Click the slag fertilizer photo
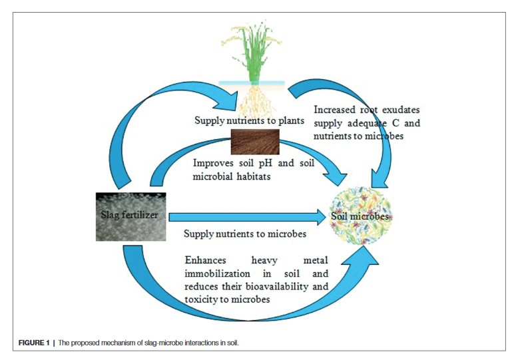[131, 216]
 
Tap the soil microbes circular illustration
[360, 216]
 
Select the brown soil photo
[255, 142]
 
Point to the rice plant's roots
[256, 100]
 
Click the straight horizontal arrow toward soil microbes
[247, 217]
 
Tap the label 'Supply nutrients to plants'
[249, 120]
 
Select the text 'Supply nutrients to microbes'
[245, 234]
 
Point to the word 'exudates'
[401, 110]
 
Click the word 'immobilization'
[217, 273]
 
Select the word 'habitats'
[254, 176]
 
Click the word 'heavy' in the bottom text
[264, 260]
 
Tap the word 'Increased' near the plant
[334, 110]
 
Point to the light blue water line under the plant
[252, 83]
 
